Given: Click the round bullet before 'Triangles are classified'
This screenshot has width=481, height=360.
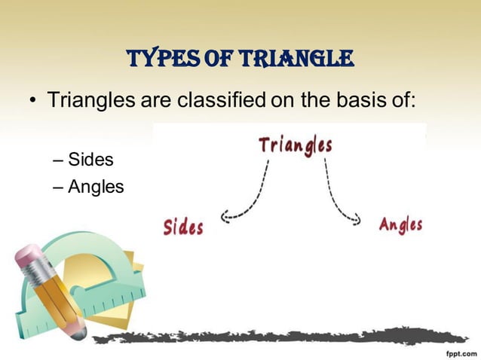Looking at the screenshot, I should point(32,100).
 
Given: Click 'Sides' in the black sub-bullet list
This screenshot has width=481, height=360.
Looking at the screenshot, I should point(91,160).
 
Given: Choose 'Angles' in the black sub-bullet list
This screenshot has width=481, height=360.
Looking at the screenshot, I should point(96,186).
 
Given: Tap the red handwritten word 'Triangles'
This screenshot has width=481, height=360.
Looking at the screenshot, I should point(295,144).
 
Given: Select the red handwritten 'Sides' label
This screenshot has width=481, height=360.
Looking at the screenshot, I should point(183,226).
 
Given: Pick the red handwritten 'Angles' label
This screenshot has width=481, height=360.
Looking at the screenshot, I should point(400,224).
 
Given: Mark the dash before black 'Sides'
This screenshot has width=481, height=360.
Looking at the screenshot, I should point(60,160).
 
